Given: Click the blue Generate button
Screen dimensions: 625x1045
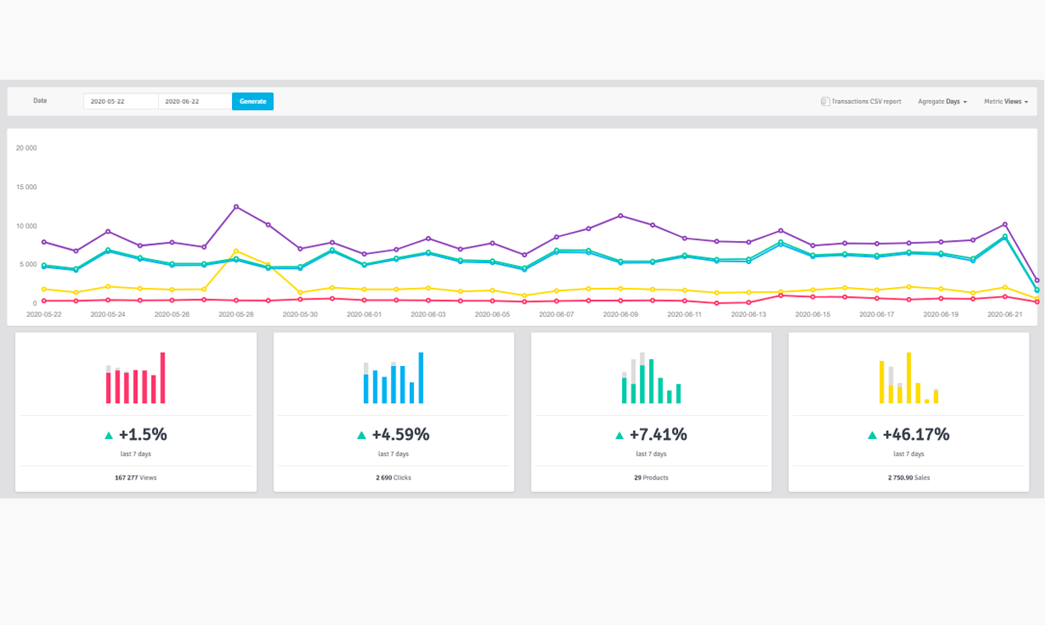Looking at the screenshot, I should (x=253, y=101).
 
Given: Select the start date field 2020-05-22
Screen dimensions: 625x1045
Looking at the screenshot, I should (x=120, y=101).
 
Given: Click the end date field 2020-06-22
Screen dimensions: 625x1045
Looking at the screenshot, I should (x=194, y=101).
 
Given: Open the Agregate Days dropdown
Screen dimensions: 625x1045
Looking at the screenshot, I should (x=942, y=101).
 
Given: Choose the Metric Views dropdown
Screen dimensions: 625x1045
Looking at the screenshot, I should (x=1006, y=101).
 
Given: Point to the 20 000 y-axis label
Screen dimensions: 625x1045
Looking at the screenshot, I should (x=26, y=148).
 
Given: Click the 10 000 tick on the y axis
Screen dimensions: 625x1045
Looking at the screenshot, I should (x=26, y=226).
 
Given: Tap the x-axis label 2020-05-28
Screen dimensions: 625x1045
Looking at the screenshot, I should (x=235, y=314).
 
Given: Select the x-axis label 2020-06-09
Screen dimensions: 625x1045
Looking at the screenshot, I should (x=620, y=314).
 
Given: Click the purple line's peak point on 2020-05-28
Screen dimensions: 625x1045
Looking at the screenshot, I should (x=236, y=206).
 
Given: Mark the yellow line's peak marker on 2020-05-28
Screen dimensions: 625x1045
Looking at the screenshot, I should (x=236, y=251).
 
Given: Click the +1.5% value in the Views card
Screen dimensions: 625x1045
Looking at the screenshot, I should (x=142, y=434).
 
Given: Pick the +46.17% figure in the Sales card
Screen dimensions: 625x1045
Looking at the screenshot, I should (x=916, y=434).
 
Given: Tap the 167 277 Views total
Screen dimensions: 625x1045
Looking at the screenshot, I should (x=136, y=477).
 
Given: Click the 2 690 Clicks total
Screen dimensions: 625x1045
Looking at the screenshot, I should (x=393, y=477).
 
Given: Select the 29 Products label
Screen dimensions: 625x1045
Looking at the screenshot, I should (x=651, y=477).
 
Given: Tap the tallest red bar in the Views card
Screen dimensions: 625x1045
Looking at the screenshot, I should (x=163, y=378).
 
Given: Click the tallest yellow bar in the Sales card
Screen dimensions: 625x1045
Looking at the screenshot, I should (x=908, y=378).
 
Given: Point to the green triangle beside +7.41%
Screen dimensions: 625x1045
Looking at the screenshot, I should (x=620, y=435).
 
